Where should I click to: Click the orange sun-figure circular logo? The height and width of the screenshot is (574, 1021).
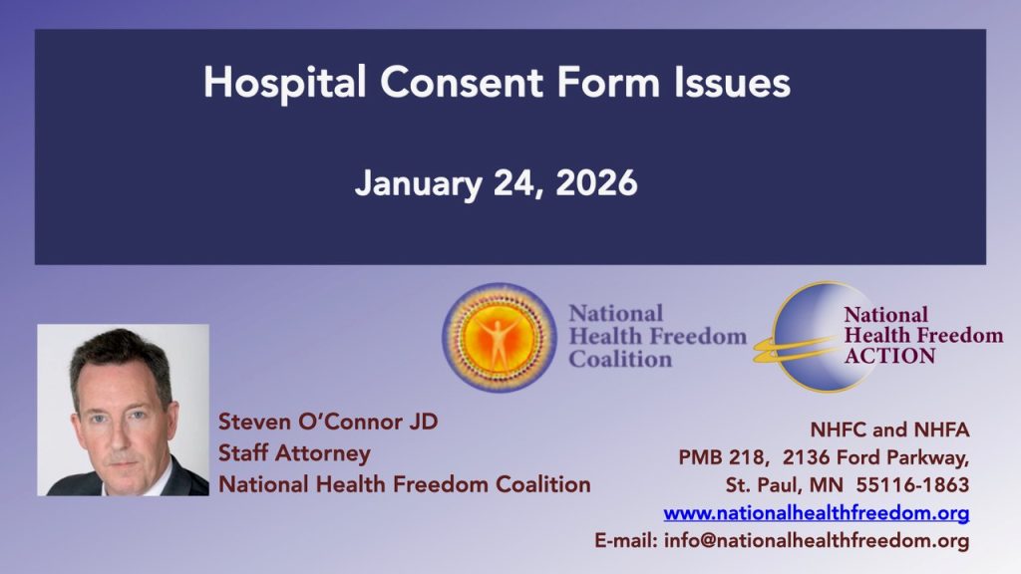click(x=499, y=337)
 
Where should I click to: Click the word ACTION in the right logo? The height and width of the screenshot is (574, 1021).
click(x=889, y=356)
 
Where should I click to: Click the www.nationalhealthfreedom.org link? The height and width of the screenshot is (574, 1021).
click(x=817, y=514)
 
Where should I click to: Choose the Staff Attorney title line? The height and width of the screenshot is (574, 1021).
click(x=294, y=452)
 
